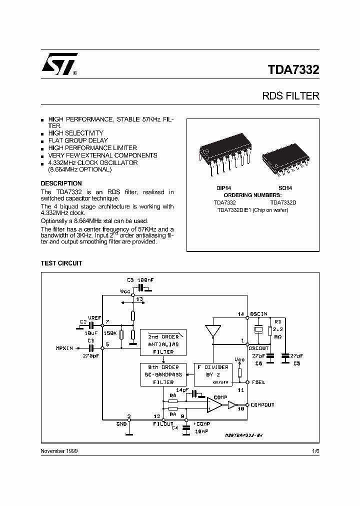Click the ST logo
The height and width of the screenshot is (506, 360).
click(58, 64)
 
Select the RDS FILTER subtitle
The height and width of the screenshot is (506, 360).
click(290, 96)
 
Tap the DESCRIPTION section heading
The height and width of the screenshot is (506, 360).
click(61, 183)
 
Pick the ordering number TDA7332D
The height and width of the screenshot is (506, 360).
click(283, 202)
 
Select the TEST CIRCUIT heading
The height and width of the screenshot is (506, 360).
click(61, 263)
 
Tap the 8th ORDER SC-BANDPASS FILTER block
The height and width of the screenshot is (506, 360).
click(163, 374)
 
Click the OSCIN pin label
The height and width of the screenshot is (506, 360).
click(259, 314)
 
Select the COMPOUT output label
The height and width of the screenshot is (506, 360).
click(262, 404)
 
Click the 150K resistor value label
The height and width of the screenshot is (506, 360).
click(109, 333)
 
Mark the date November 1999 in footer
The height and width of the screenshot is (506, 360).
click(59, 450)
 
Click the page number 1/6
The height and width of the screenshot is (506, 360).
click(315, 450)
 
